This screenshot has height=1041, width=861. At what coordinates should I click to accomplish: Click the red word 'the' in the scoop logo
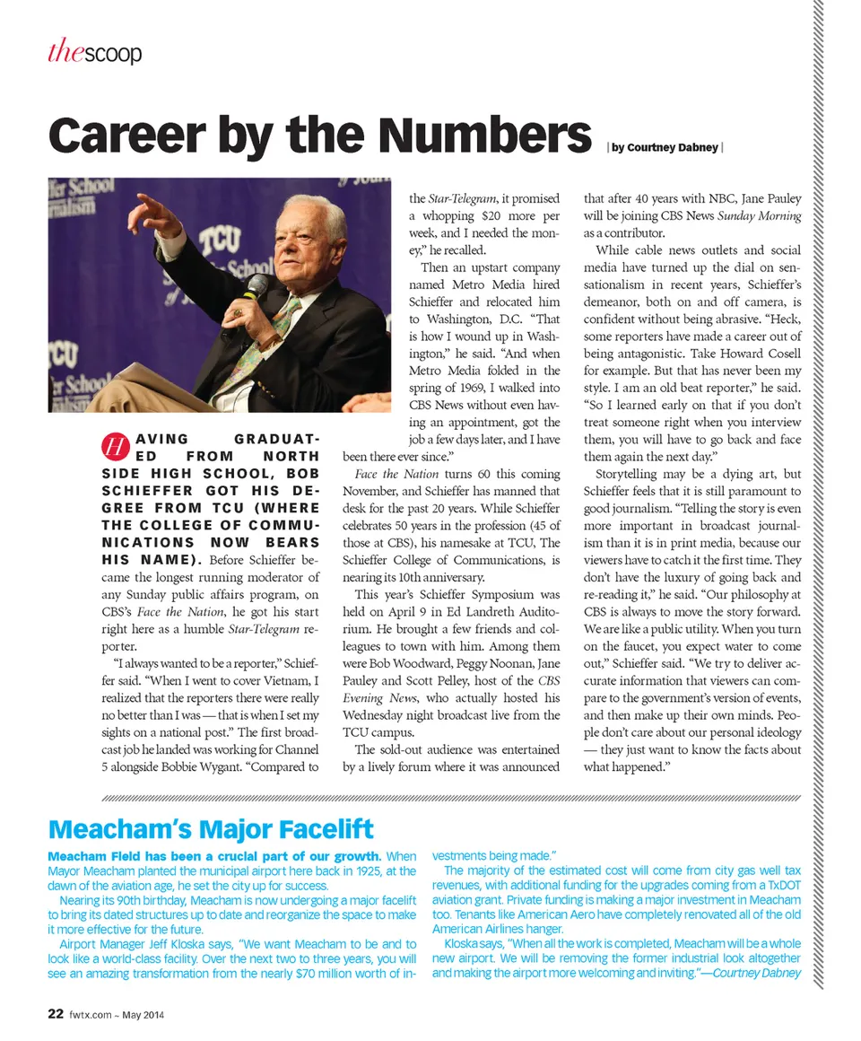(65, 54)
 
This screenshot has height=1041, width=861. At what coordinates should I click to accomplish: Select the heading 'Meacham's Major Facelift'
(211, 827)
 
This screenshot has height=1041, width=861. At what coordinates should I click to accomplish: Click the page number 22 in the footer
(55, 1014)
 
